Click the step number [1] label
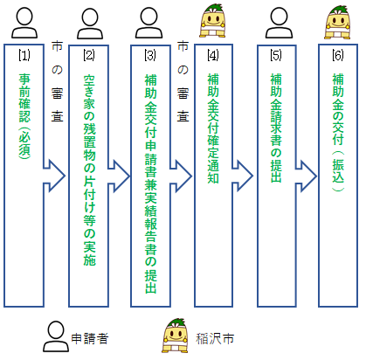point(24,55)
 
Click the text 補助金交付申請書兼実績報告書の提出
point(149,183)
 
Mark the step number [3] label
point(149,55)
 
